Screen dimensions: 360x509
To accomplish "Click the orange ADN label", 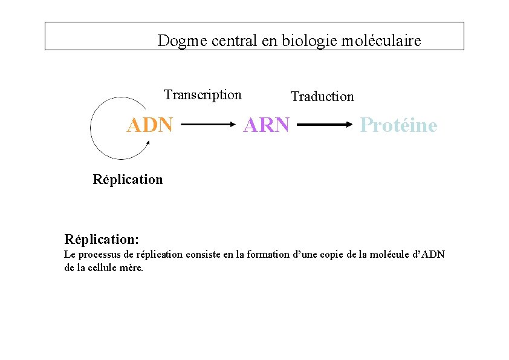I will [149, 125].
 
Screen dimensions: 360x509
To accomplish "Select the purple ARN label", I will [266, 125].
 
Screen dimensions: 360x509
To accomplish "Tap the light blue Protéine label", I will [398, 125].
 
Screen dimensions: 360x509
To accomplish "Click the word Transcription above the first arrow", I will [203, 95].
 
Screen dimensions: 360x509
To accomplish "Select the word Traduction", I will [322, 97].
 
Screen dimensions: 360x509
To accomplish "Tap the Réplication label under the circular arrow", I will [128, 180].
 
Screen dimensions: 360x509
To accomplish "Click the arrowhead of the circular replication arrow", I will [148, 143].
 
